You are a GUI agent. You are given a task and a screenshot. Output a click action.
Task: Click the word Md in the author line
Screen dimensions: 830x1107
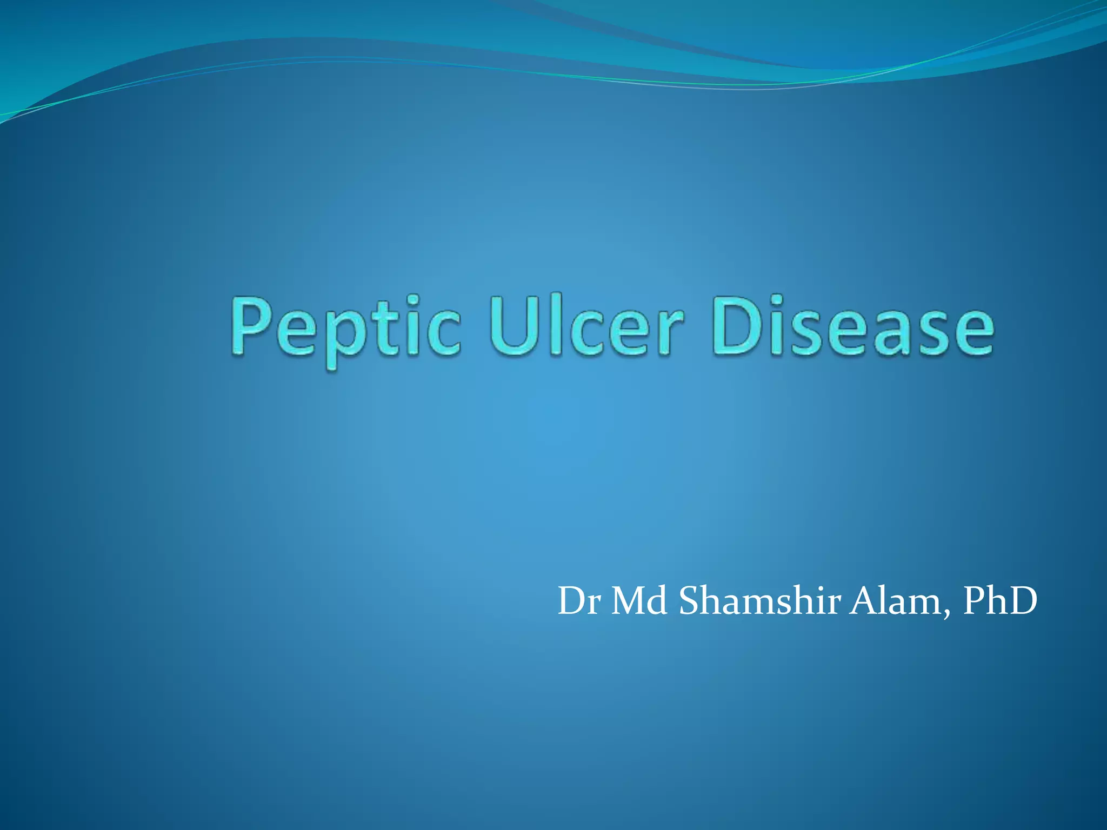tap(638, 601)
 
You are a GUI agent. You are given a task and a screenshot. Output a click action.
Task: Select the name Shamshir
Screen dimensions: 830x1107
tap(759, 601)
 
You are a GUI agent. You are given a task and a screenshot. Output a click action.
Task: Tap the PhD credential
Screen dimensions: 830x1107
tap(1000, 601)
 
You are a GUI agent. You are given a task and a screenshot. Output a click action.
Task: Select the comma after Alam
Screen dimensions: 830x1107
tap(946, 614)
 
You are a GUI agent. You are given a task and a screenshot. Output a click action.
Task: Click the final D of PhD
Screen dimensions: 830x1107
tap(1021, 601)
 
